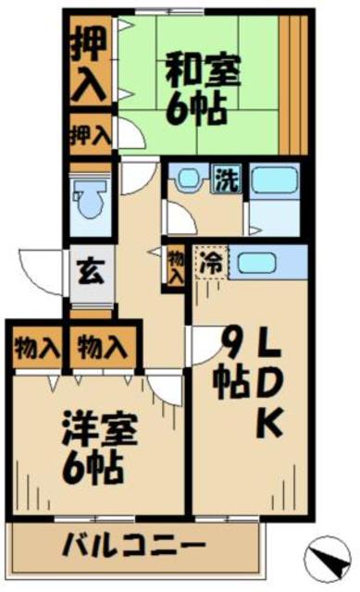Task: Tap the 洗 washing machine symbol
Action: point(226,178)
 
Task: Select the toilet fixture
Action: point(90,201)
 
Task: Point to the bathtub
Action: point(273,179)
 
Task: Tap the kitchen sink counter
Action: point(260,262)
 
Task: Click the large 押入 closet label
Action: point(90,65)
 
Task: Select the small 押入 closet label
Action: point(90,136)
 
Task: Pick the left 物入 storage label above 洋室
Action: point(36,349)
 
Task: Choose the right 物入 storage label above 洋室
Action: point(102,349)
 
